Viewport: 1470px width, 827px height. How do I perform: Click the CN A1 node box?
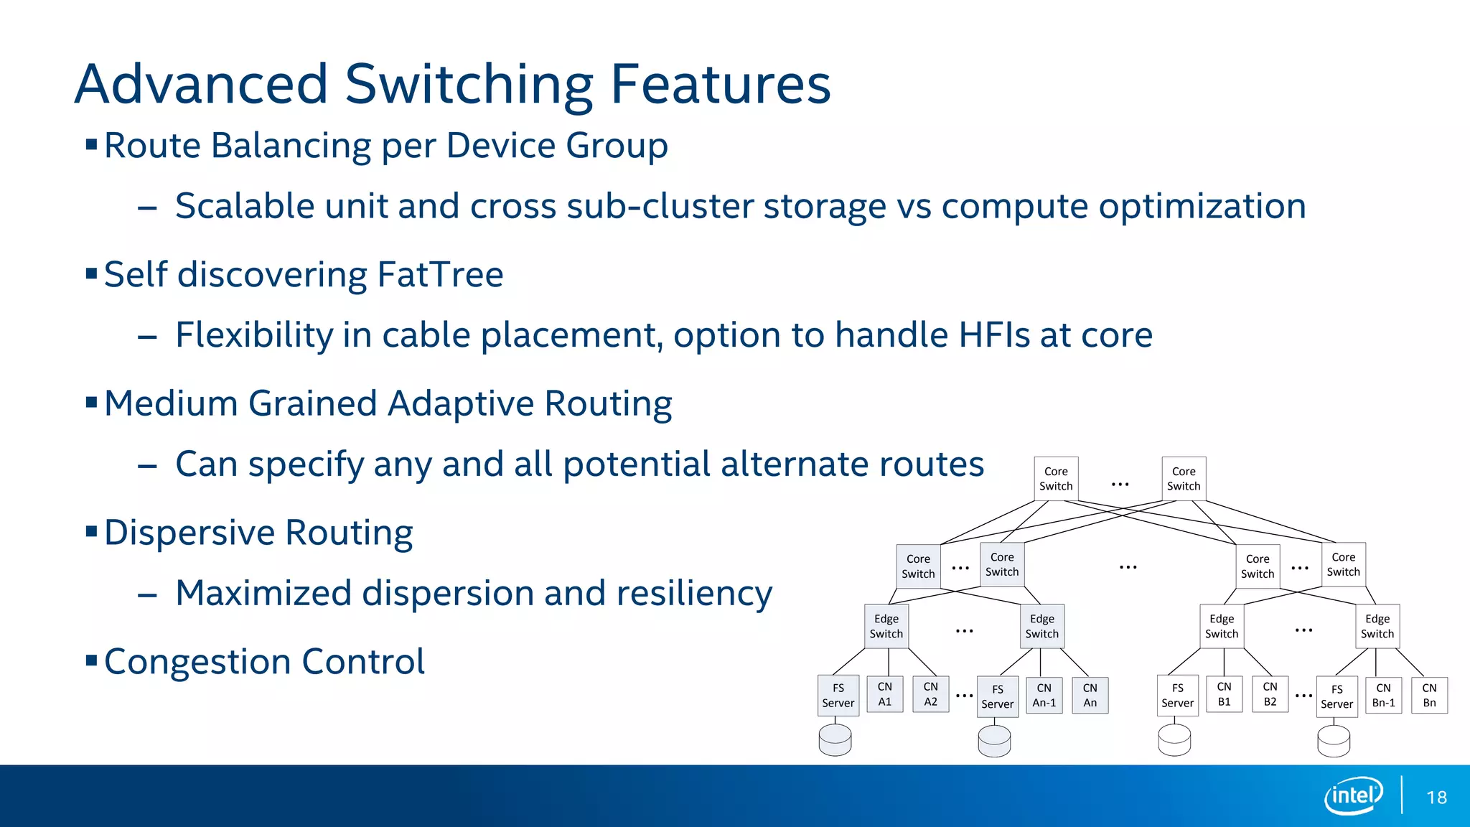pos(885,694)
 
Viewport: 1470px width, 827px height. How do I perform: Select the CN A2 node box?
pos(931,694)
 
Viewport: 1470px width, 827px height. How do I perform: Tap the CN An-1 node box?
pos(1044,696)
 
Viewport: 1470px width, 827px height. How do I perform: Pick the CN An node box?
pos(1090,696)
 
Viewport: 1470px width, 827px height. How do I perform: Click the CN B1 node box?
pos(1225,694)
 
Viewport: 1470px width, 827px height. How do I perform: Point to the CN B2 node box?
pos(1270,694)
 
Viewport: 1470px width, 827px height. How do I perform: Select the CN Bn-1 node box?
pos(1384,696)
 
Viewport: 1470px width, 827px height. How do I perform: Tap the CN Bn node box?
pos(1430,696)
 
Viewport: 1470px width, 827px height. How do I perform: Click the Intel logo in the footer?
pos(1354,795)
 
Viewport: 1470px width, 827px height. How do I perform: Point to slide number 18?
pos(1436,798)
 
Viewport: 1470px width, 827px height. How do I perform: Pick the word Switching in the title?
pos(470,85)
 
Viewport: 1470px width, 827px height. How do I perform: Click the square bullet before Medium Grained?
pos(91,402)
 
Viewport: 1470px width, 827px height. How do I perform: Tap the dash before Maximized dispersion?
pos(147,595)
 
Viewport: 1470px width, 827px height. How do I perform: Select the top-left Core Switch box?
pos(1056,479)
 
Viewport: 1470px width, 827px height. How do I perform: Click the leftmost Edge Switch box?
pos(886,627)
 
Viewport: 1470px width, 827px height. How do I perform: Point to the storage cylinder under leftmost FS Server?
pos(835,739)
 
